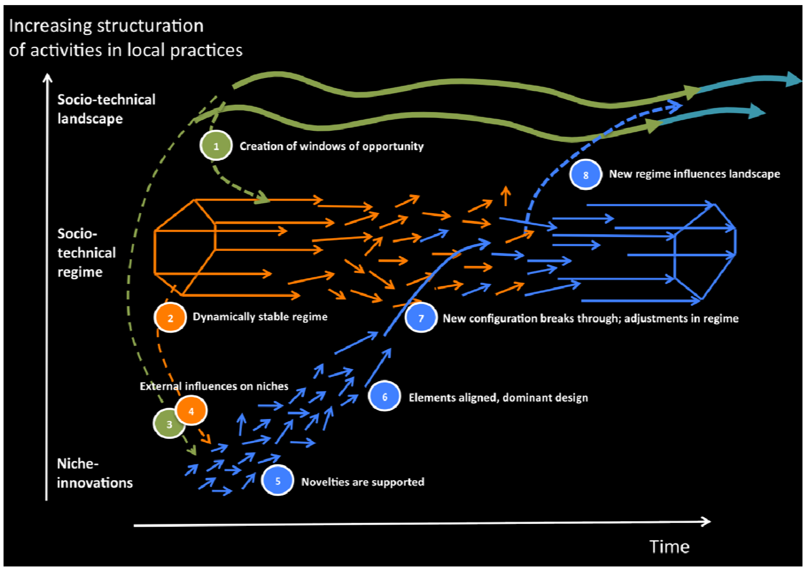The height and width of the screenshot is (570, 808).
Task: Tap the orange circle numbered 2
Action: coord(170,318)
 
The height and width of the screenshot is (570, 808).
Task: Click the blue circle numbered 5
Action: coord(278,481)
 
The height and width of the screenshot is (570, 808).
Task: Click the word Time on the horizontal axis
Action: coord(669,547)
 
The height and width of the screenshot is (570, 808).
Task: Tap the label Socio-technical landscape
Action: coord(106,109)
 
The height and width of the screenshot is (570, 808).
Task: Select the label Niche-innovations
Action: coord(94,473)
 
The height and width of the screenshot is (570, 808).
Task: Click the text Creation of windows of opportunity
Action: coord(332,146)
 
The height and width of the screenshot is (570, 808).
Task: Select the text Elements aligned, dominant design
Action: coord(498,398)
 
